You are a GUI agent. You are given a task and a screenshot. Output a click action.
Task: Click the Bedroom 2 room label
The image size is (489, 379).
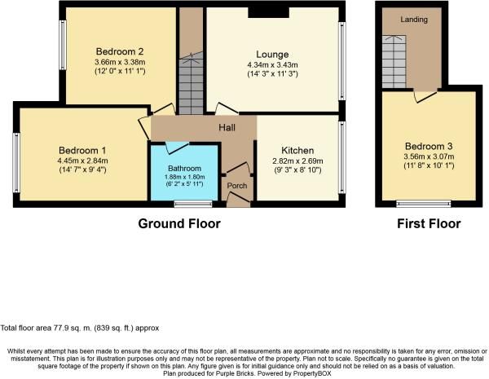point(120,51)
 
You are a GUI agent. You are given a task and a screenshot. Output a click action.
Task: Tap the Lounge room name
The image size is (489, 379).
point(272,55)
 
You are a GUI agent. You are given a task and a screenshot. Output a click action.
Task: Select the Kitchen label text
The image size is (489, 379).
point(297,150)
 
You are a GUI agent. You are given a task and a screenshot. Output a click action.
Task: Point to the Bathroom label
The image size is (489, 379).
point(185,169)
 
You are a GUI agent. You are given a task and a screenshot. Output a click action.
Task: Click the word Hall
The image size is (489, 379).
point(227,127)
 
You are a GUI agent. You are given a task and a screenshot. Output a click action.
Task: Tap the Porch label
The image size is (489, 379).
point(237,186)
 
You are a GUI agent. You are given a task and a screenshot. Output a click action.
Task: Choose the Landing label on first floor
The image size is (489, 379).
point(414,20)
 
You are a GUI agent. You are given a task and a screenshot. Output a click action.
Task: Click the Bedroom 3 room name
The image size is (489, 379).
point(429,146)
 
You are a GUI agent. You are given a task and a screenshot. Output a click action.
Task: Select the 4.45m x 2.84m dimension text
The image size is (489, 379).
point(82,161)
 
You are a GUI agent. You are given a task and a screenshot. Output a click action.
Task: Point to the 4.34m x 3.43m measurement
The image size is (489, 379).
point(272,65)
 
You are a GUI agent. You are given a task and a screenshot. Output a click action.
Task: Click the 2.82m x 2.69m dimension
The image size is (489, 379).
point(297,161)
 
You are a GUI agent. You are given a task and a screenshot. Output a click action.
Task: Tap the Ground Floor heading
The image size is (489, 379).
point(179,223)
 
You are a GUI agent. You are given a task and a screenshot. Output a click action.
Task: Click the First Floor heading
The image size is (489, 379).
point(429,223)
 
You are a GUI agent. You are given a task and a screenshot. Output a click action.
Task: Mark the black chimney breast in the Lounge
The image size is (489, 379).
point(268,12)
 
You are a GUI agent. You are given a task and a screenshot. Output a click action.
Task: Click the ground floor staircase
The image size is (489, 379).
point(191,83)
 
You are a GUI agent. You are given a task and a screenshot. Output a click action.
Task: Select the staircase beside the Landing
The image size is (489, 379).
point(394,62)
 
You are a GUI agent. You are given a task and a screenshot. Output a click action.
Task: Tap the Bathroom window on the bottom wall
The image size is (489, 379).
point(193,204)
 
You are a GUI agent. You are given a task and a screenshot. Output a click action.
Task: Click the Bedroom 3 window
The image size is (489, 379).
point(424,204)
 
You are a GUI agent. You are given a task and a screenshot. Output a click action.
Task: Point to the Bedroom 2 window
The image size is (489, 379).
point(63,45)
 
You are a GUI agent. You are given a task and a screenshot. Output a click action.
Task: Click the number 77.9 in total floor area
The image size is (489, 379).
point(58,328)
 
